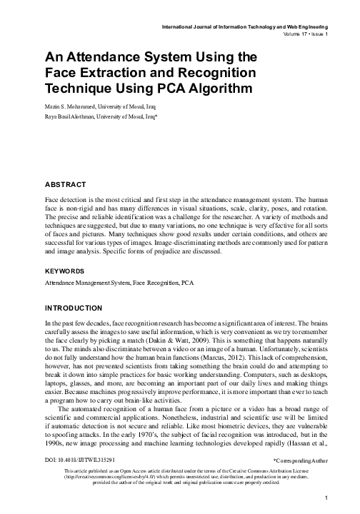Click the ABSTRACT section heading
coord(65,184)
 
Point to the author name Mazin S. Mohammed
coord(75,105)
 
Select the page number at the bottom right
coord(326,498)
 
